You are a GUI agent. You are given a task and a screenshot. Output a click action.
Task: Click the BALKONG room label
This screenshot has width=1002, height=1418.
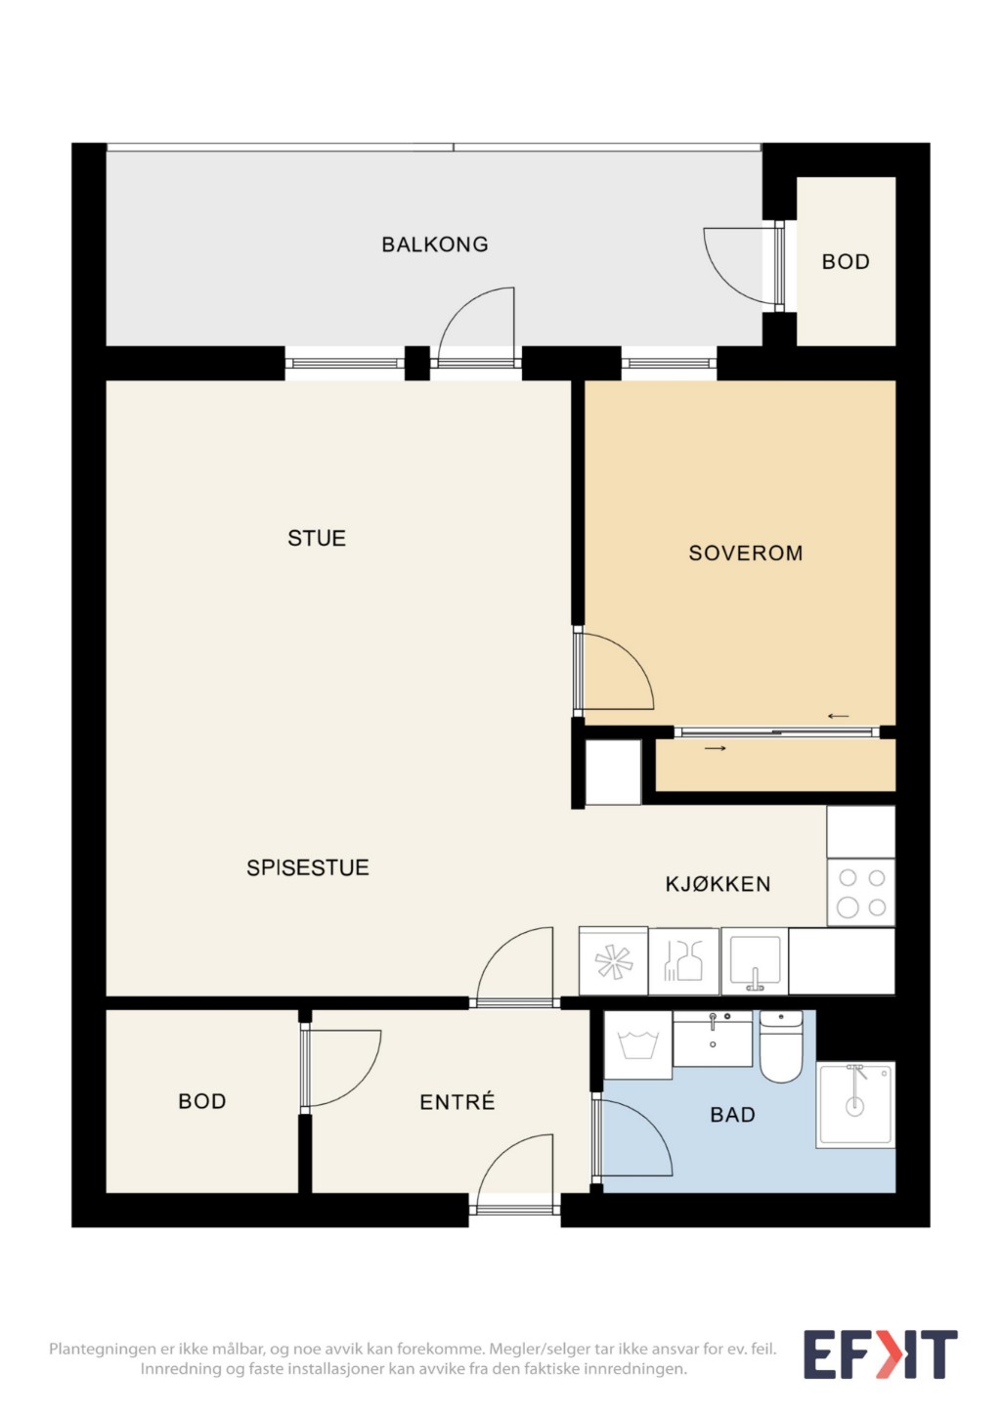coord(435,244)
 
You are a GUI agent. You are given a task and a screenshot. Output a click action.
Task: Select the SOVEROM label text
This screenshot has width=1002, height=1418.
coord(746,554)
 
